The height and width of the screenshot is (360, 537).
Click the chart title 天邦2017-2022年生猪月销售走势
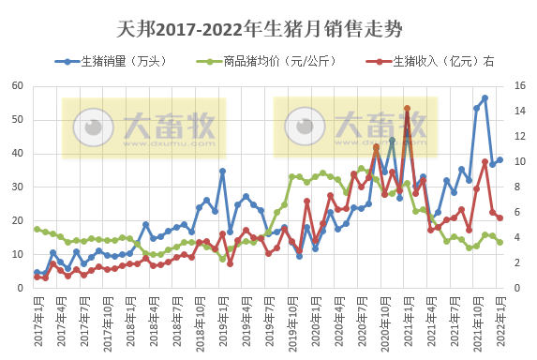(261, 29)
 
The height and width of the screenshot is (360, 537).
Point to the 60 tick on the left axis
(18, 86)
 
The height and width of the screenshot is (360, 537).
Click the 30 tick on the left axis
(18, 187)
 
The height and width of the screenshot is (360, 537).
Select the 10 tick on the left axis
(18, 255)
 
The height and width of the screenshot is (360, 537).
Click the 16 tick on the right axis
(519, 86)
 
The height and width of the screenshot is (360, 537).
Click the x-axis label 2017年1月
(37, 322)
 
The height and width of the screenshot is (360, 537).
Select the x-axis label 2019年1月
(222, 322)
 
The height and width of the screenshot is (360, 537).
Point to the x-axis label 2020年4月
(338, 322)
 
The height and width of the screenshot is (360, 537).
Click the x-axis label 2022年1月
(500, 322)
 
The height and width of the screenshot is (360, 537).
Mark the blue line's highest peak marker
(485, 97)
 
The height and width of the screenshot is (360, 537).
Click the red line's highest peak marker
(407, 109)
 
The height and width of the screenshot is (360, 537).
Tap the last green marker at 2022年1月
(500, 242)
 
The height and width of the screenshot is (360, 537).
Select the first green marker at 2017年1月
(37, 229)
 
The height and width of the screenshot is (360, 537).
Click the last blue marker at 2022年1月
(500, 159)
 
